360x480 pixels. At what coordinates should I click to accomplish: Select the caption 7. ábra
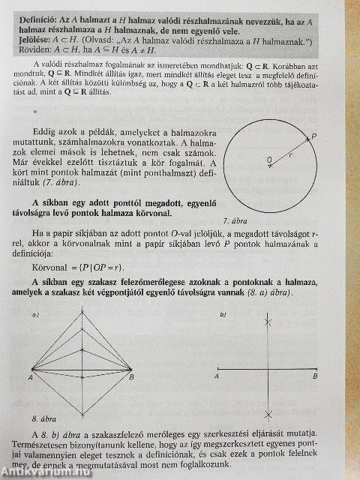(237, 220)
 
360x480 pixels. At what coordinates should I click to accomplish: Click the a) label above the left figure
(35, 315)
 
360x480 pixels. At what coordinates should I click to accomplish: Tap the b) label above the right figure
(223, 316)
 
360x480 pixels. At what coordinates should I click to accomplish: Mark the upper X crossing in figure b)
(268, 323)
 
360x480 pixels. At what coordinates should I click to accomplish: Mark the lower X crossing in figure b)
(268, 414)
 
